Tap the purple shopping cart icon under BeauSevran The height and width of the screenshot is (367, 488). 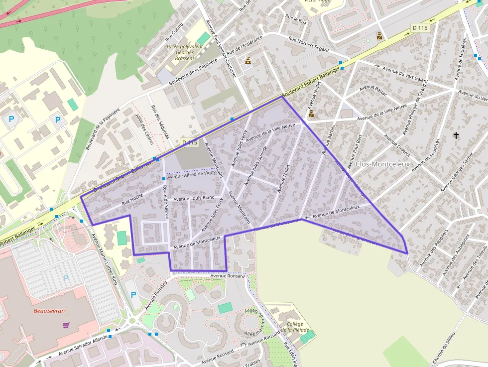click(x=66, y=325)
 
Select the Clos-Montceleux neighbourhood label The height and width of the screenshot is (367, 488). click(x=383, y=164)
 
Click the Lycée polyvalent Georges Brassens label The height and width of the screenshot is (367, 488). click(x=185, y=52)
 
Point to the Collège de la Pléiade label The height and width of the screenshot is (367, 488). click(x=295, y=327)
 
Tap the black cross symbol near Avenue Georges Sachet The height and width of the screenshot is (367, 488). click(x=456, y=135)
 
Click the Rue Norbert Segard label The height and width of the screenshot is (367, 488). click(x=309, y=44)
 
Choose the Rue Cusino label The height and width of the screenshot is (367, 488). click(x=174, y=31)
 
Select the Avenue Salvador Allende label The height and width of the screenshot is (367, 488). click(x=83, y=346)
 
